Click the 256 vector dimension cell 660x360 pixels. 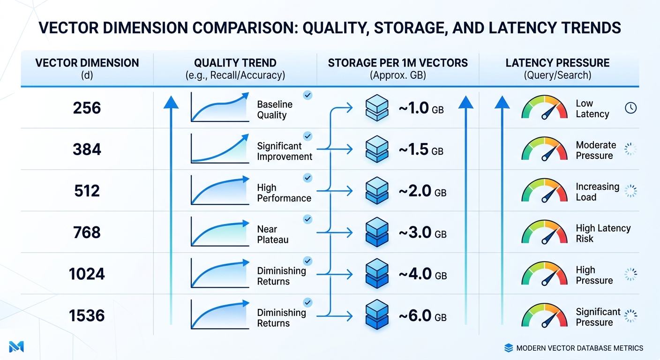87,108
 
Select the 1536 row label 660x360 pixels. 87,316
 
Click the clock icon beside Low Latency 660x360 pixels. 631,108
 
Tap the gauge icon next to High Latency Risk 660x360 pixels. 544,232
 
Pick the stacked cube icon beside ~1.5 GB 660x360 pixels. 376,150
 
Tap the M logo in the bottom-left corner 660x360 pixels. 16,347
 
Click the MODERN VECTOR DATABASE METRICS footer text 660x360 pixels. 579,348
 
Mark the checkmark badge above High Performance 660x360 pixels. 307,178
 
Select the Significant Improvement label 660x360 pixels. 284,151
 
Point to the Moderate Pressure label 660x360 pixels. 596,150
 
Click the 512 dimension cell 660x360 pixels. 87,191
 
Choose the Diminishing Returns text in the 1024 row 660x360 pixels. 281,276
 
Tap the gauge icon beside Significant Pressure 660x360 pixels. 544,315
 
